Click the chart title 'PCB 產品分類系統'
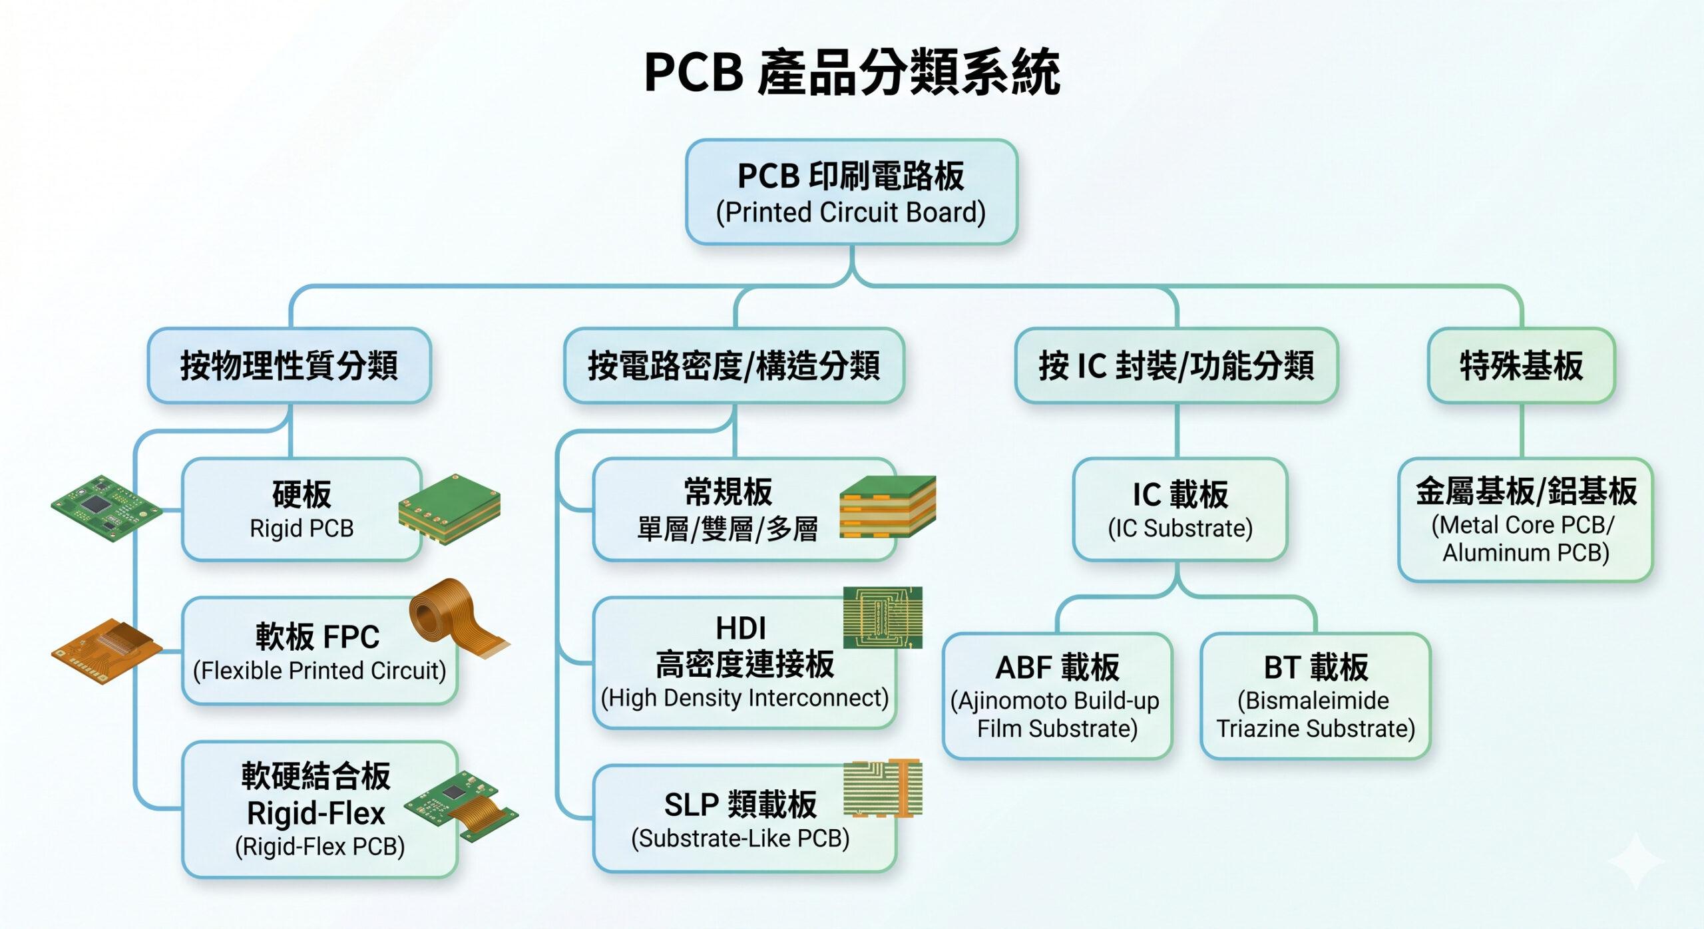pos(851,72)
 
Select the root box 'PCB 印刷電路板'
pos(851,192)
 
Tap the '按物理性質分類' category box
pos(289,365)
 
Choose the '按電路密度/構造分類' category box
pos(734,365)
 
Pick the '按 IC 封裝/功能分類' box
pos(1176,365)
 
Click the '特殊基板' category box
pos(1521,365)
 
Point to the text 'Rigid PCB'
pos(302,528)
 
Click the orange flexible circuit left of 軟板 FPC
pos(106,650)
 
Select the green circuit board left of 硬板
pos(106,507)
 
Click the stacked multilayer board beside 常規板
pos(887,507)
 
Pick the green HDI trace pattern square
pos(883,618)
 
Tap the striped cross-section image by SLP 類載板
pos(883,788)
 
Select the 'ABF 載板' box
pos(1057,696)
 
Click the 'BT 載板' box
pos(1315,696)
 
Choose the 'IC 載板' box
pos(1179,509)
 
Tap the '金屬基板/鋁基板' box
pos(1525,520)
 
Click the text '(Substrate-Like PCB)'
pos(740,838)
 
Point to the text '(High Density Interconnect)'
pos(744,698)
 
